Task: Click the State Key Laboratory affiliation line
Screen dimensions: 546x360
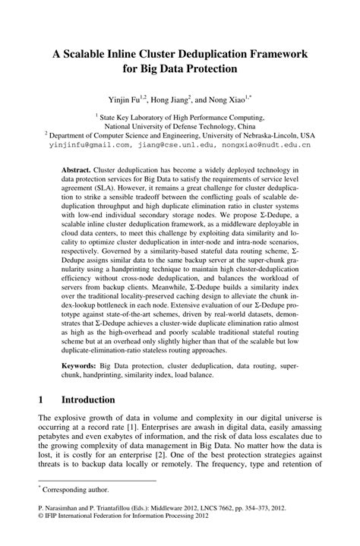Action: tap(182, 118)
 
